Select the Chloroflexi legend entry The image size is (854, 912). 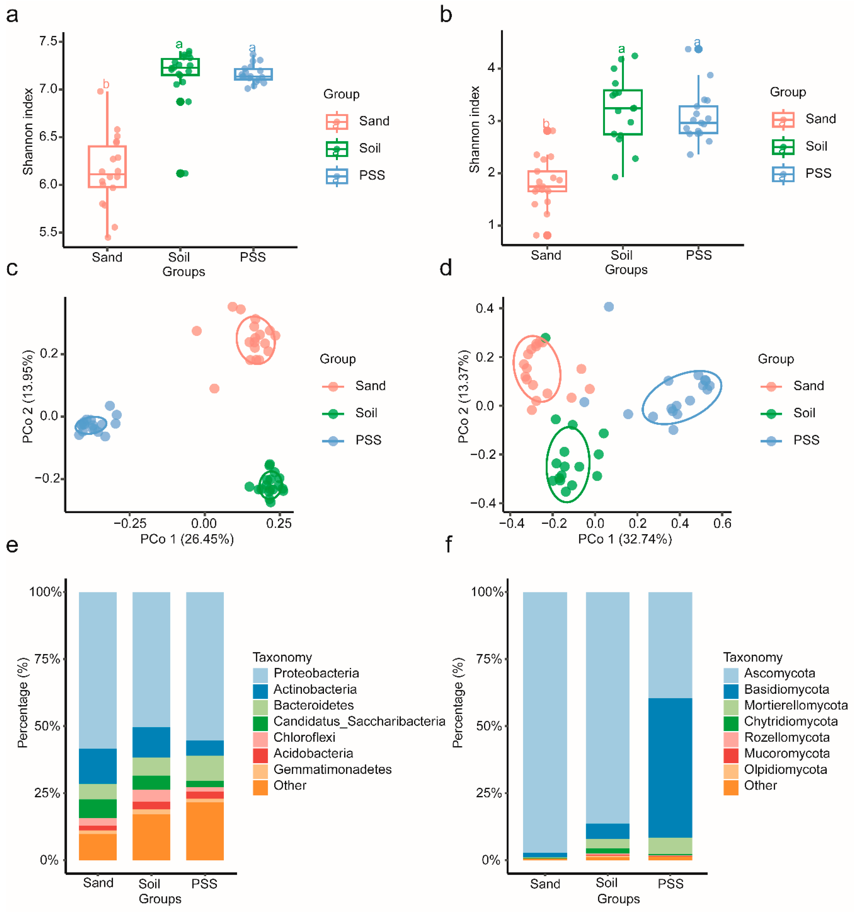pyautogui.click(x=304, y=737)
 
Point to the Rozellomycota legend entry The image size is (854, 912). pyautogui.click(x=786, y=737)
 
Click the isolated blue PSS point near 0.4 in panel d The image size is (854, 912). pyautogui.click(x=609, y=307)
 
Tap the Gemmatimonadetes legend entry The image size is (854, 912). pyautogui.click(x=332, y=769)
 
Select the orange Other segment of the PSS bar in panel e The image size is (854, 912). pyautogui.click(x=205, y=830)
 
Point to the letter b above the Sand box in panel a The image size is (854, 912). pyautogui.click(x=106, y=84)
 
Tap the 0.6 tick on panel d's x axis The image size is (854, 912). pyautogui.click(x=722, y=523)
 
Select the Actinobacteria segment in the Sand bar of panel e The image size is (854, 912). pyautogui.click(x=98, y=766)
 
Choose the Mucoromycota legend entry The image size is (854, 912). pyautogui.click(x=786, y=753)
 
